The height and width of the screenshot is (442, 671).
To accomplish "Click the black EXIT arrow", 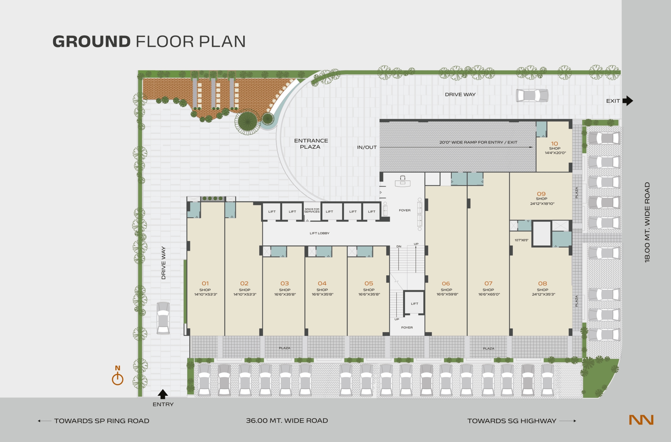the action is (x=628, y=101).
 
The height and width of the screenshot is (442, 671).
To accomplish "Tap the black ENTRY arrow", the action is (x=163, y=394).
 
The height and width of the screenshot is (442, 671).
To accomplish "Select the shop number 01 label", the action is (x=205, y=283).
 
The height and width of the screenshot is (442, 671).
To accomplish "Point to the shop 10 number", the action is (x=555, y=144).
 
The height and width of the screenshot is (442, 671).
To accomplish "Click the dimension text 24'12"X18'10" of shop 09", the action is (x=542, y=203).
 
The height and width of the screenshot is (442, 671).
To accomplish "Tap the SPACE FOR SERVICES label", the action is (x=312, y=211).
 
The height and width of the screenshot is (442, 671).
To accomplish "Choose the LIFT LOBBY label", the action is (x=320, y=233).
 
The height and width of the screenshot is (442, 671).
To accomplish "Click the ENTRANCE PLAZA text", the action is (x=311, y=144).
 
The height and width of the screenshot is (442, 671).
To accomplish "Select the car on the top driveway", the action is (x=532, y=95).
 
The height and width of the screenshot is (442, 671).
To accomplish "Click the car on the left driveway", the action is (x=163, y=318).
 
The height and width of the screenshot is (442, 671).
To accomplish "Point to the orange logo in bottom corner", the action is (x=641, y=420).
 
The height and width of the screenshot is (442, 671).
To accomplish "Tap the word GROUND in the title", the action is (x=92, y=41).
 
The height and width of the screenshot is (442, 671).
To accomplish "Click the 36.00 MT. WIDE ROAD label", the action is (x=287, y=420).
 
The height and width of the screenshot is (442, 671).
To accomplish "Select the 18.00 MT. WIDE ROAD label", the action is (x=647, y=222).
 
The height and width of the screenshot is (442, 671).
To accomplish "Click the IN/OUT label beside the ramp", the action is (x=367, y=147).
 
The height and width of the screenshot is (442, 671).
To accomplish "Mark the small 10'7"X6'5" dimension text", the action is (x=521, y=240).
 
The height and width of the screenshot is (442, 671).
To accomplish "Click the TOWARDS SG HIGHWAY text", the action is (x=512, y=421).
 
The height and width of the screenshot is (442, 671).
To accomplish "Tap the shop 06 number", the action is (x=446, y=283).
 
